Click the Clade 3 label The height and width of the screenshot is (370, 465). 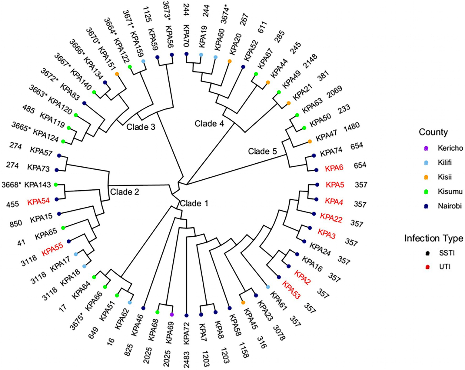[141, 127]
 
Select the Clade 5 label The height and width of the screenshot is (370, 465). [262, 151]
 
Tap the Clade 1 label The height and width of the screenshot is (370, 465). [194, 203]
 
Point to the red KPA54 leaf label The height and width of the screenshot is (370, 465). [38, 202]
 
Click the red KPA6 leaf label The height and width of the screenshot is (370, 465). [334, 168]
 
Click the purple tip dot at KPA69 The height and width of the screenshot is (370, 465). [172, 315]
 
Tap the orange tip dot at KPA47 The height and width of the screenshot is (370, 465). [310, 141]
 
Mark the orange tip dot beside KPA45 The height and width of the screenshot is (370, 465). [243, 302]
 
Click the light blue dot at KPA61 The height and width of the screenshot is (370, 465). [268, 287]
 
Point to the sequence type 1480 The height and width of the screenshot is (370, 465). [351, 127]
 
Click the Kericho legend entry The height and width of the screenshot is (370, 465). [450, 148]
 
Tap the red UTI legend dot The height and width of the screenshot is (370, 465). [427, 267]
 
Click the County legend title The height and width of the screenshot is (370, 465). [433, 132]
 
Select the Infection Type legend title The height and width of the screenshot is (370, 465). [433, 238]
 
